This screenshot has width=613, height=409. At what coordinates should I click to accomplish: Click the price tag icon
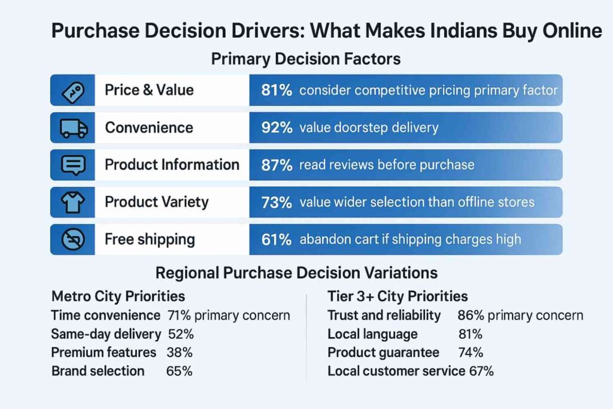pos(74,90)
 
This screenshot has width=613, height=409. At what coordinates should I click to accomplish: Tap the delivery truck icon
pos(74,128)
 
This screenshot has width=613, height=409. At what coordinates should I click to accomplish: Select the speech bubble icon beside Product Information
pos(74,165)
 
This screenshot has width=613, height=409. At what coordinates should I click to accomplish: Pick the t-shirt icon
pos(74,202)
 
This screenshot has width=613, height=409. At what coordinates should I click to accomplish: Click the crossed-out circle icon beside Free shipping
pos(74,240)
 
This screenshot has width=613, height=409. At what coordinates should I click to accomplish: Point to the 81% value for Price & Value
pos(277,90)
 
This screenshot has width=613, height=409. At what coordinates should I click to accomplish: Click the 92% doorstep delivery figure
pos(277,128)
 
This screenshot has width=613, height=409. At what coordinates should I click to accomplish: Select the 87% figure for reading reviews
pos(277,165)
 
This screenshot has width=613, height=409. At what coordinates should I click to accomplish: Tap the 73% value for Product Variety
pos(277,202)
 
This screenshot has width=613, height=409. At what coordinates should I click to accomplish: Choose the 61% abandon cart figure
pos(277,240)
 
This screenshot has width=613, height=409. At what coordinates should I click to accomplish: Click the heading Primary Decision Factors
pos(306,59)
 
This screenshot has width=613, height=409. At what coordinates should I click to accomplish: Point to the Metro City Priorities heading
pos(118,296)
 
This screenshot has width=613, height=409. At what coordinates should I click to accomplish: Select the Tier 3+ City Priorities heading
pos(397,296)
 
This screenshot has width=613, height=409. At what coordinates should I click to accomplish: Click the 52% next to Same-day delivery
pos(181,334)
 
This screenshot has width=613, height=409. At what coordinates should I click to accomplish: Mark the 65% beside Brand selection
pos(179,371)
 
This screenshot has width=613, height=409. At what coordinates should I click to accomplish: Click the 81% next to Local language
pos(470,334)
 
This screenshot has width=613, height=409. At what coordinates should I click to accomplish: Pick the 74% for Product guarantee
pos(470,352)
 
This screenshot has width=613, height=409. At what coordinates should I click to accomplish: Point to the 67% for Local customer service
pos(481,371)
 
